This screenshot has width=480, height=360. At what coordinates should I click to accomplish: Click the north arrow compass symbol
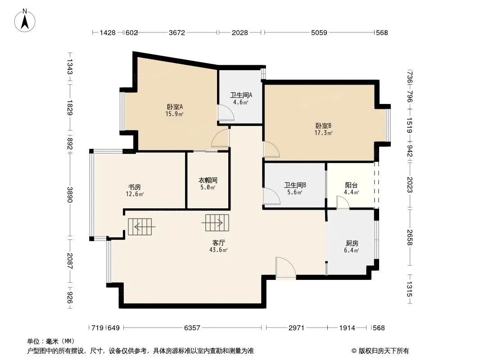tap(25, 21)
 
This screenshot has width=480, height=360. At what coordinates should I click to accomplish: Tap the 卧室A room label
tap(175, 107)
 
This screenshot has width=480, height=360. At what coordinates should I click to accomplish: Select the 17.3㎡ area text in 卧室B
tap(323, 133)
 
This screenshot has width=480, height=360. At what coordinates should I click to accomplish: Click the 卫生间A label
tap(241, 95)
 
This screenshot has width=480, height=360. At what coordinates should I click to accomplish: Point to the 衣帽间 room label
tap(208, 180)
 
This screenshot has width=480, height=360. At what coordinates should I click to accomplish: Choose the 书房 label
tap(134, 187)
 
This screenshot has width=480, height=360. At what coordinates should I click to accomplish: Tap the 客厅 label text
tap(218, 243)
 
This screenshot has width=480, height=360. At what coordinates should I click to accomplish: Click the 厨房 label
tap(352, 243)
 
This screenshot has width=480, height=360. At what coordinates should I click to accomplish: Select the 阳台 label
tap(351, 185)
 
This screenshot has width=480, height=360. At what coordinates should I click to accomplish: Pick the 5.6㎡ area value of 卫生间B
tap(294, 193)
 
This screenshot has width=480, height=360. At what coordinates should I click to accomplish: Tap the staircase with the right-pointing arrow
tap(216, 223)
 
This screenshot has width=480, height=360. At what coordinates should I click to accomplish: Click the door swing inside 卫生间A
tap(226, 112)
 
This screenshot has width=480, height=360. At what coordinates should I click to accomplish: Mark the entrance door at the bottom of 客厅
tap(285, 268)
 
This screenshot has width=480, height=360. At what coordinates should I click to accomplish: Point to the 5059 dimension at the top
tap(319, 32)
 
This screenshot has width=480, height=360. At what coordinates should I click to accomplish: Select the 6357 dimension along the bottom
tap(192, 328)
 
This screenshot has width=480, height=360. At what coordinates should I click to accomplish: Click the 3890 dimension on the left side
tap(70, 194)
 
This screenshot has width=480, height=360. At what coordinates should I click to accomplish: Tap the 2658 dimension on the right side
tap(410, 237)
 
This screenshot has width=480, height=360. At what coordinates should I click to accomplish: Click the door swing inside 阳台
tap(343, 202)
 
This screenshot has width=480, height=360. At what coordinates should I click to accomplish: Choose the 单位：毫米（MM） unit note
tap(51, 341)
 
